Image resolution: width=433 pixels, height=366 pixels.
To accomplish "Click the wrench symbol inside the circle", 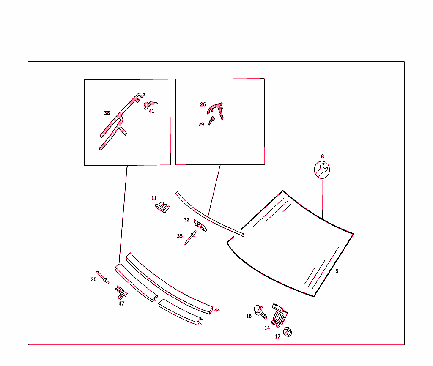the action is pyautogui.click(x=322, y=169).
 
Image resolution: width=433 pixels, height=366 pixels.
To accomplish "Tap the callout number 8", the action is pyautogui.click(x=322, y=156).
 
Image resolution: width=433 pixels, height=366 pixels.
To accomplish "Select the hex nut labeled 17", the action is pyautogui.click(x=288, y=332).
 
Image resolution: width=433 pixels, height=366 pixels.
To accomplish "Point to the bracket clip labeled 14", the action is pyautogui.click(x=280, y=315).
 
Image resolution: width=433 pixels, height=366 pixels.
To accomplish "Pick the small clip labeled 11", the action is pyautogui.click(x=162, y=207).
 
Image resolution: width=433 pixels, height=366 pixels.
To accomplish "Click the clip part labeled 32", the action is pyautogui.click(x=200, y=225).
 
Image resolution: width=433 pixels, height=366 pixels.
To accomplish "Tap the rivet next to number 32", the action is pyautogui.click(x=191, y=238).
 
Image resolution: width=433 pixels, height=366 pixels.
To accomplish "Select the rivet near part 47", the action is pyautogui.click(x=103, y=277).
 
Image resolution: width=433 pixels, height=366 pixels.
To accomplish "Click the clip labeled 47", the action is pyautogui.click(x=121, y=292).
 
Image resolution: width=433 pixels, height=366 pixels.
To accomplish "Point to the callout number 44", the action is pyautogui.click(x=217, y=310).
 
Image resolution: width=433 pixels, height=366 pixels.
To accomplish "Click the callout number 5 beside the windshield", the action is pyautogui.click(x=337, y=271).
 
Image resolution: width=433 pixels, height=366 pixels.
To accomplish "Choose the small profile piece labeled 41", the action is pyautogui.click(x=150, y=105).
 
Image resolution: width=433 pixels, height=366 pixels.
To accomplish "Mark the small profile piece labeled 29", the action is pyautogui.click(x=212, y=120).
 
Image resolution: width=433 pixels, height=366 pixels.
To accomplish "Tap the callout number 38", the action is pyautogui.click(x=107, y=112).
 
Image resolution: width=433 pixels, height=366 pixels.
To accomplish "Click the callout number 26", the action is pyautogui.click(x=203, y=104).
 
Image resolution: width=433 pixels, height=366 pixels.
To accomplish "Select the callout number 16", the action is pyautogui.click(x=249, y=316).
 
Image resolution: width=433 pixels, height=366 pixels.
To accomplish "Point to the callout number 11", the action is pyautogui.click(x=154, y=198).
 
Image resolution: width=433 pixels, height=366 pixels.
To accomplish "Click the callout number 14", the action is pyautogui.click(x=267, y=328).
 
